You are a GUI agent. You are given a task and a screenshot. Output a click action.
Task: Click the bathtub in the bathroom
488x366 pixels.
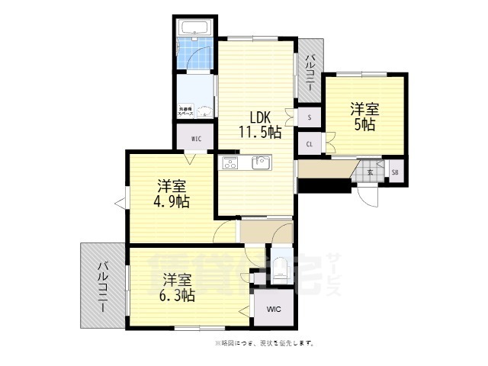[x=196, y=28]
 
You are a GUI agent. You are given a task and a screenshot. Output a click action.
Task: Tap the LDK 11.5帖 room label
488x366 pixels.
[x=259, y=124]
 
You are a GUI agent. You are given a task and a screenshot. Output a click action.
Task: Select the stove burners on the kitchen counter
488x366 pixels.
[x=231, y=162]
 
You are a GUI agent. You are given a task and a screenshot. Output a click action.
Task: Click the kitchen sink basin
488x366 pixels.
[x=262, y=162]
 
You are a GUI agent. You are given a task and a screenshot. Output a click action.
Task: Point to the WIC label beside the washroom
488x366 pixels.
[x=195, y=139]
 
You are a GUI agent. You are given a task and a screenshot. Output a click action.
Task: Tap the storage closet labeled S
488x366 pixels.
[x=308, y=118]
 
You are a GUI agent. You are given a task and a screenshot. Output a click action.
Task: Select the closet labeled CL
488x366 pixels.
[x=309, y=143]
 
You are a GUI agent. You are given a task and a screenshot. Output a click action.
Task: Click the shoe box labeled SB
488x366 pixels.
[x=395, y=172]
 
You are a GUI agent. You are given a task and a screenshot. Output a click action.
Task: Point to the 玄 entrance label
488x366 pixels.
[x=370, y=172]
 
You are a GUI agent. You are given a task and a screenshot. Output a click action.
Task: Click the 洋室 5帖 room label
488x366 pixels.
[x=363, y=116]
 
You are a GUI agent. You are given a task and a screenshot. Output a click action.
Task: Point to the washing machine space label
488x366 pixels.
[x=186, y=111]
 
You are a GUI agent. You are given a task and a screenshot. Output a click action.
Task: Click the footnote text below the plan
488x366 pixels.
[x=265, y=343]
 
